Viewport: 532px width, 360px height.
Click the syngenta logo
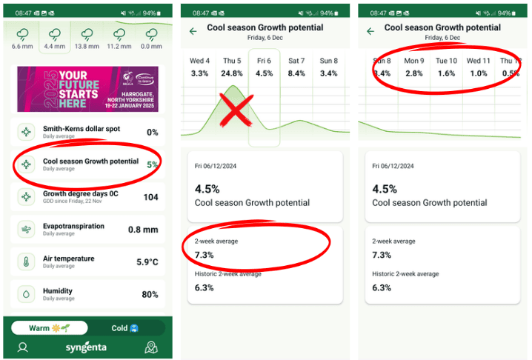(x=87, y=347)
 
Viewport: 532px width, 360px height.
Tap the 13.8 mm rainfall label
(x=87, y=46)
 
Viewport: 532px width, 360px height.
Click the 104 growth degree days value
(x=150, y=197)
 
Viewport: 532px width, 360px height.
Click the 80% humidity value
(x=150, y=295)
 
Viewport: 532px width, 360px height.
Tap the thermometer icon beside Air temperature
(x=27, y=261)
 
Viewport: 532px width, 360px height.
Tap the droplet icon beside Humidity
(x=27, y=294)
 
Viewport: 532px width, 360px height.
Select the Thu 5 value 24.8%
(x=232, y=73)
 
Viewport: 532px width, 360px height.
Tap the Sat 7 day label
(x=296, y=61)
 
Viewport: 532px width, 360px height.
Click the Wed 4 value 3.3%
(x=199, y=73)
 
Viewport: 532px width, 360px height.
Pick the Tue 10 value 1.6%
(x=446, y=73)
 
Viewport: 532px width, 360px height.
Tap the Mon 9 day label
(x=414, y=61)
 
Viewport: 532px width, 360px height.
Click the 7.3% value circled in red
(x=204, y=255)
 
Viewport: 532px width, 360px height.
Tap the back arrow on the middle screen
(x=193, y=31)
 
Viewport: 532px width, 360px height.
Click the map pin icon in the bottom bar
(x=151, y=347)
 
